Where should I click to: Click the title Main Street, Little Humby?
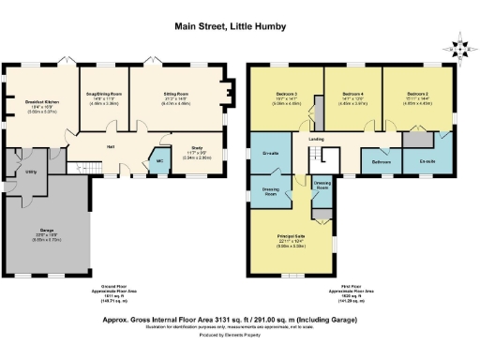(x=239, y=28)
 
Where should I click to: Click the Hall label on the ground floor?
(x=110, y=147)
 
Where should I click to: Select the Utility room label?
(x=31, y=172)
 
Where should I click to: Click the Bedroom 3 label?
(x=287, y=95)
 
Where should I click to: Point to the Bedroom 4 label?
(x=352, y=95)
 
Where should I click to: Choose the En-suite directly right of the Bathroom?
(x=427, y=161)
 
